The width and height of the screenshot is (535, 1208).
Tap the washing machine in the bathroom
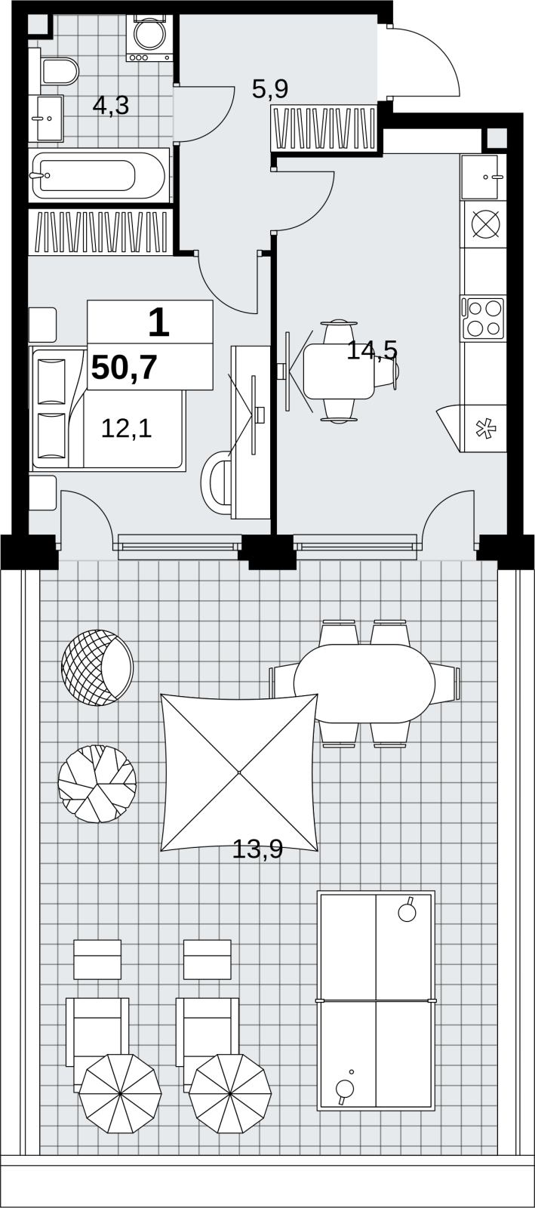click(149, 37)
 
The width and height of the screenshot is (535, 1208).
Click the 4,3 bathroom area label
click(111, 106)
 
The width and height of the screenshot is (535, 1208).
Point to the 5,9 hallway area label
click(270, 89)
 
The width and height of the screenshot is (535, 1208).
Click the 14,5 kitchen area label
click(372, 350)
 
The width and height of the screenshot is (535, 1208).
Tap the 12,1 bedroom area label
click(127, 429)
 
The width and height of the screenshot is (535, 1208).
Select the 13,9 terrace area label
click(257, 850)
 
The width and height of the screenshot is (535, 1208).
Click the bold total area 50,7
click(125, 368)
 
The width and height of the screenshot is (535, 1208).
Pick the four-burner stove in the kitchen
click(483, 318)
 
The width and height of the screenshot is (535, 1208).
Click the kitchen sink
click(483, 177)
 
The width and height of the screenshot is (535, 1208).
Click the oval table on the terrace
click(364, 683)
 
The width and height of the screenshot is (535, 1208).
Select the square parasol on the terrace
click(239, 773)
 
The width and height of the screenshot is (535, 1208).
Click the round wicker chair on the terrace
click(97, 667)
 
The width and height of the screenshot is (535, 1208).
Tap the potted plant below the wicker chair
click(97, 784)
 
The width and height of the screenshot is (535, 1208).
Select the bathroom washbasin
click(46, 118)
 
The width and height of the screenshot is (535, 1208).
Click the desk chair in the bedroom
click(216, 482)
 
